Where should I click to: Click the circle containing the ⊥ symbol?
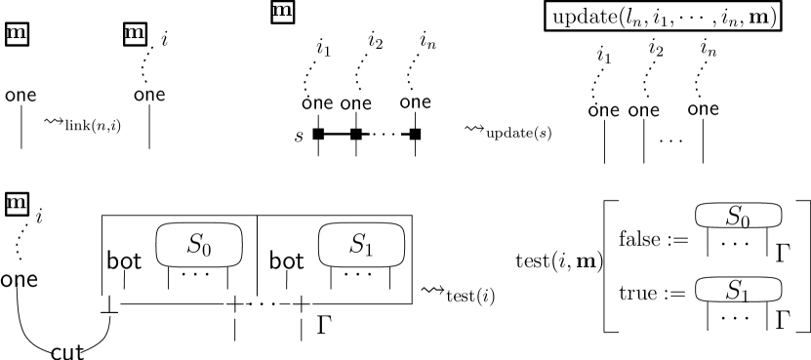click(x=109, y=304)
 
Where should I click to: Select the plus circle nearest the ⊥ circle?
click(x=235, y=304)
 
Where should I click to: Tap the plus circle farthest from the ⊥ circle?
click(x=302, y=304)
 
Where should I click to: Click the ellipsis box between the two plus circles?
click(x=264, y=304)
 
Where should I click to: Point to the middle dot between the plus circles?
click(x=264, y=304)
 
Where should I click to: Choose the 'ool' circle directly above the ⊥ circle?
click(x=124, y=260)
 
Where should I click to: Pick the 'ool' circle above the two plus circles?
click(x=286, y=260)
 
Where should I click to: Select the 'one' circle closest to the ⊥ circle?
click(x=19, y=281)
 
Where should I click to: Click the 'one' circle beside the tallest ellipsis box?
click(x=317, y=103)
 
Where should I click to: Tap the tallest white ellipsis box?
click(x=385, y=135)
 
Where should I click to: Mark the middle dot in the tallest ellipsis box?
click(x=385, y=135)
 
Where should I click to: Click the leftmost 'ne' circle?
click(x=28, y=97)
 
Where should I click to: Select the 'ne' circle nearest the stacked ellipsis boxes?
click(x=611, y=111)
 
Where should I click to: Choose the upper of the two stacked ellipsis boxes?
click(x=738, y=244)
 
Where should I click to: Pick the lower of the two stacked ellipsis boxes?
click(x=738, y=318)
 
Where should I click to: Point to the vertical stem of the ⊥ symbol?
click(x=109, y=302)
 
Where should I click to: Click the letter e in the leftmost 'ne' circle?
click(x=32, y=97)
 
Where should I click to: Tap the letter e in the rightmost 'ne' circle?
click(x=615, y=111)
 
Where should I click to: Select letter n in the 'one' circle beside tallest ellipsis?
click(x=317, y=103)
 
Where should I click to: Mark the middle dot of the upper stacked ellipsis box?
click(x=738, y=244)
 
